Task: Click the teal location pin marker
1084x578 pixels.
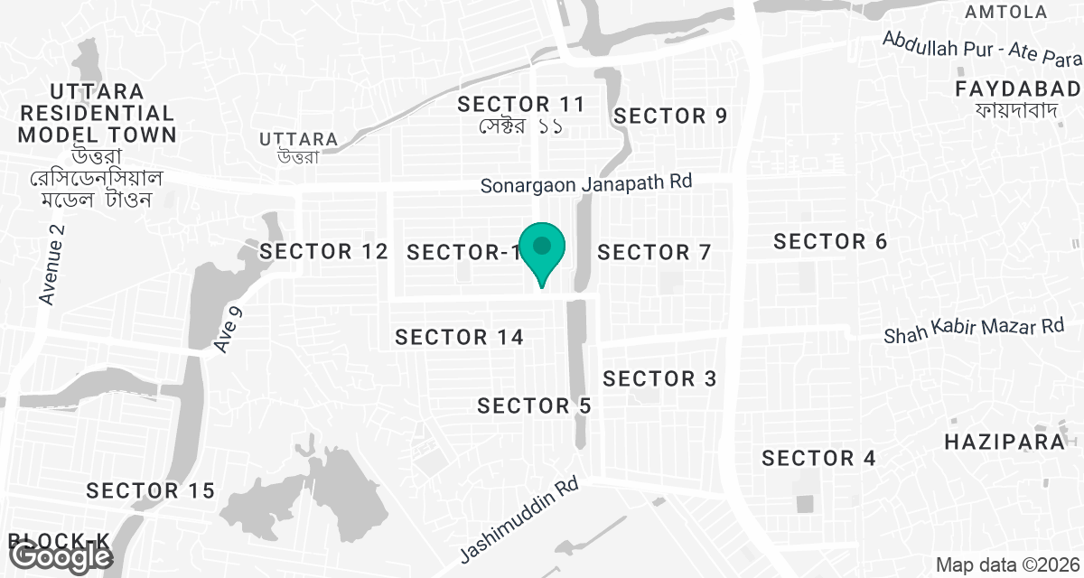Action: pos(542,250)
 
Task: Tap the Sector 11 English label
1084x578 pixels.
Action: pos(521,104)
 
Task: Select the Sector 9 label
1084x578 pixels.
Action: pos(670,116)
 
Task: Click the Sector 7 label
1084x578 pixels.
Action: pos(654,253)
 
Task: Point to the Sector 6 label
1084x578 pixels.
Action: pos(830,241)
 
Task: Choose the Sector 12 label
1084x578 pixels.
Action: pos(322,252)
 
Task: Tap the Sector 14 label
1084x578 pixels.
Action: pos(460,338)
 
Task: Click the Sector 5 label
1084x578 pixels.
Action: pos(534,406)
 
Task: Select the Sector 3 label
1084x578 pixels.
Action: pos(659,378)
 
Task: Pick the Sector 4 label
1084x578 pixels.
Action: pos(818,459)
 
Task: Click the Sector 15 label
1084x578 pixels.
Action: pos(150,491)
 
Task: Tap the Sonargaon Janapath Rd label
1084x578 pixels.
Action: pos(585,182)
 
